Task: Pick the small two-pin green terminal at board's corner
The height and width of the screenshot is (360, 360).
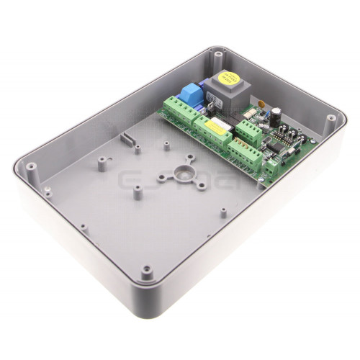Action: coord(273,168)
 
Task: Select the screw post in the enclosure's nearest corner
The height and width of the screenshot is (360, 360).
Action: coord(148,271)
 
